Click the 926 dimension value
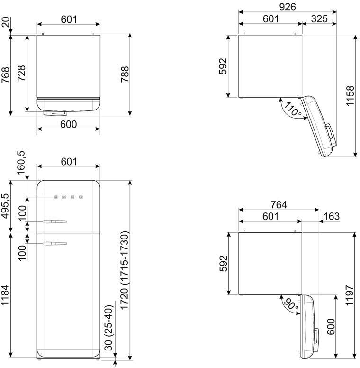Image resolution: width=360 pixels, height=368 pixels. pos(288,7)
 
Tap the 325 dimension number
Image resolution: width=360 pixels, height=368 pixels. pos(319,19)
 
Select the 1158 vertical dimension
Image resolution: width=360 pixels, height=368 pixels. pos(350,96)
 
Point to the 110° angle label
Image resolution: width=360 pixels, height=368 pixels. pos(293,110)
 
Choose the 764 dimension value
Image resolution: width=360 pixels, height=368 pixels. pos(279,205)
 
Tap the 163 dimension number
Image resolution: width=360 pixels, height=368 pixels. pos(331,216)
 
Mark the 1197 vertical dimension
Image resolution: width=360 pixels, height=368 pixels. pos(350,295)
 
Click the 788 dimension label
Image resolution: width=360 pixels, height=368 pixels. pos(125,74)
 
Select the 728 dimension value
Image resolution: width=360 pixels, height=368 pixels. pos(22,73)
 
